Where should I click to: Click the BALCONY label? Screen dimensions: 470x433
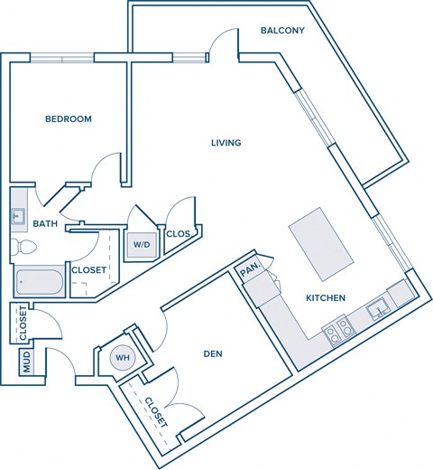pos(282,31)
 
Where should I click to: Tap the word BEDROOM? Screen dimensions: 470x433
pos(69,118)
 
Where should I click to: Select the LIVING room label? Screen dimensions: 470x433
pos(226,142)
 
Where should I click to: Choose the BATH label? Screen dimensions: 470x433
pos(45,223)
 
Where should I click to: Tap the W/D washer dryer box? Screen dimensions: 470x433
pos(143,244)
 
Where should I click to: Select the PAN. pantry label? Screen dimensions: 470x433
pos(249,270)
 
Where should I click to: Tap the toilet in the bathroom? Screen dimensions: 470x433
pos(24,247)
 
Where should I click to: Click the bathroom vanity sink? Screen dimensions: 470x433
pos(18,216)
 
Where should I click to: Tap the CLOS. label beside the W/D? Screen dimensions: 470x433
pos(179,234)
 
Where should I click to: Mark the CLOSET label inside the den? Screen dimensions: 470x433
pos(155,412)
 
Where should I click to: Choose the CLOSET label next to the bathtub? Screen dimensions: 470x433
pos(88,269)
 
